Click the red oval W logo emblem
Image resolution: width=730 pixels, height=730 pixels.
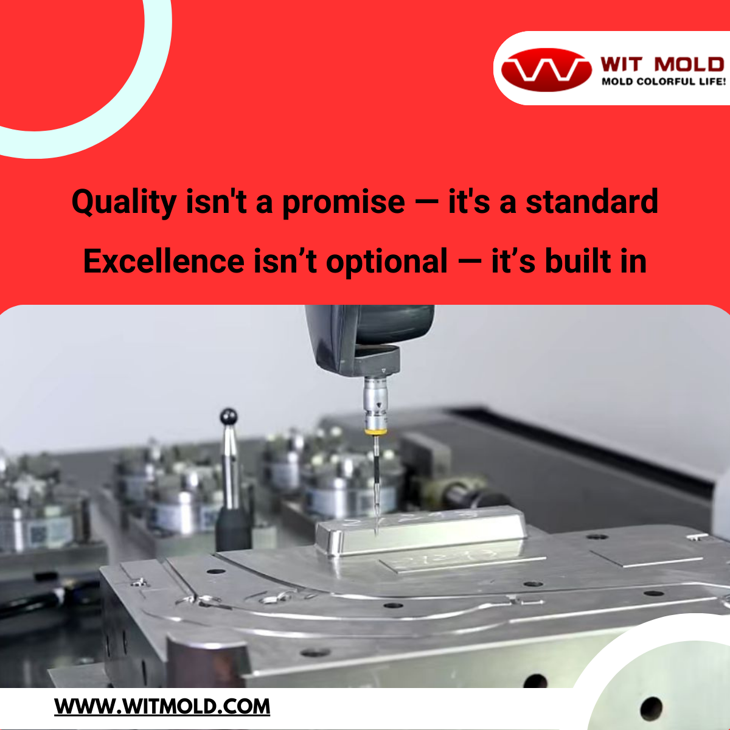pyautogui.click(x=546, y=70)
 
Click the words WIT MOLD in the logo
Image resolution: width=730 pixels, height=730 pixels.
pyautogui.click(x=662, y=64)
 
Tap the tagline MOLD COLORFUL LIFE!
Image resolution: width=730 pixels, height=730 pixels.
pyautogui.click(x=664, y=82)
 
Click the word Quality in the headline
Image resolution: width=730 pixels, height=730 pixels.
pyautogui.click(x=124, y=203)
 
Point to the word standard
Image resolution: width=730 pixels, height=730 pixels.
pyautogui.click(x=592, y=201)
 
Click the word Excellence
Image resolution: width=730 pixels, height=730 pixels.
pyautogui.click(x=164, y=261)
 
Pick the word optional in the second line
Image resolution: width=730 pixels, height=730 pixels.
pyautogui.click(x=386, y=262)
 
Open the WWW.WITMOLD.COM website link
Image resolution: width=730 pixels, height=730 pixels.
pyautogui.click(x=162, y=706)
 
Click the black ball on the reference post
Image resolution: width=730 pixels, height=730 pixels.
pyautogui.click(x=229, y=416)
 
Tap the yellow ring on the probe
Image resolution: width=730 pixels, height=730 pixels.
pyautogui.click(x=375, y=431)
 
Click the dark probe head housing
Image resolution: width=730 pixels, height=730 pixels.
pyautogui.click(x=369, y=339)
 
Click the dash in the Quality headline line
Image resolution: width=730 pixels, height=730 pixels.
pyautogui.click(x=426, y=203)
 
